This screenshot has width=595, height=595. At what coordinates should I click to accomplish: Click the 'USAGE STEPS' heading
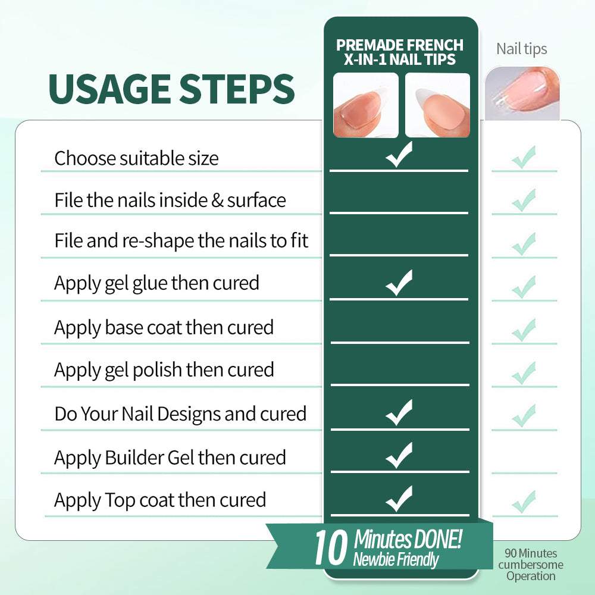pyautogui.click(x=171, y=89)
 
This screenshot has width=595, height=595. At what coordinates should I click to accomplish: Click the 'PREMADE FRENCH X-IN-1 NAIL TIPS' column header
pyautogui.click(x=400, y=52)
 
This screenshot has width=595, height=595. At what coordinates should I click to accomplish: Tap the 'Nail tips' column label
pyautogui.click(x=521, y=49)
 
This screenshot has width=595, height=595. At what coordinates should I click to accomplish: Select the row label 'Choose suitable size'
pyautogui.click(x=136, y=158)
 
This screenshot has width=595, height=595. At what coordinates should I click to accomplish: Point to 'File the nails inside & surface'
pyautogui.click(x=170, y=200)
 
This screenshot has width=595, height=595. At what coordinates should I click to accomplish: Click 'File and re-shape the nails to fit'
pyautogui.click(x=181, y=241)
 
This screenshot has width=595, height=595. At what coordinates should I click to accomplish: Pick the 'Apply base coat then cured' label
pyautogui.click(x=164, y=327)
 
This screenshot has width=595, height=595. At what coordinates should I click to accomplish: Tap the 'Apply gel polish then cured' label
pyautogui.click(x=164, y=370)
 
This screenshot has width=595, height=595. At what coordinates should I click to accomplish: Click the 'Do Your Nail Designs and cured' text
pyautogui.click(x=180, y=414)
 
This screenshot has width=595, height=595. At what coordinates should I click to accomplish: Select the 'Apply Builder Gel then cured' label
pyautogui.click(x=170, y=458)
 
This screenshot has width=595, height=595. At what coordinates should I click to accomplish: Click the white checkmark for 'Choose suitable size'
pyautogui.click(x=399, y=155)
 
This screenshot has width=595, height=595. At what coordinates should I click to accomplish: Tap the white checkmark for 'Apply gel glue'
pyautogui.click(x=399, y=283)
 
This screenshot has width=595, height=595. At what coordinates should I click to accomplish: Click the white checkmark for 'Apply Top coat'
pyautogui.click(x=399, y=499)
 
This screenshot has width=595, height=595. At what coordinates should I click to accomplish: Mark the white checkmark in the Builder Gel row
pyautogui.click(x=399, y=455)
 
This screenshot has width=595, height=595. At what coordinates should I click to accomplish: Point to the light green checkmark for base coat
pyautogui.click(x=524, y=330)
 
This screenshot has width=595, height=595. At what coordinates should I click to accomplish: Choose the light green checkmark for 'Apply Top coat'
pyautogui.click(x=524, y=502)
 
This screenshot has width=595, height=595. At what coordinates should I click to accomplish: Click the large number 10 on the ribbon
pyautogui.click(x=331, y=547)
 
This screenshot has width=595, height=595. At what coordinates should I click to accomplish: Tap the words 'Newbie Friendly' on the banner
pyautogui.click(x=396, y=559)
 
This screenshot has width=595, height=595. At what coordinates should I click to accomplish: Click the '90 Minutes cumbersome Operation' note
pyautogui.click(x=531, y=564)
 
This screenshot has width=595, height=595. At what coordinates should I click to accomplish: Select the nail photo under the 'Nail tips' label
pyautogui.click(x=522, y=93)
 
